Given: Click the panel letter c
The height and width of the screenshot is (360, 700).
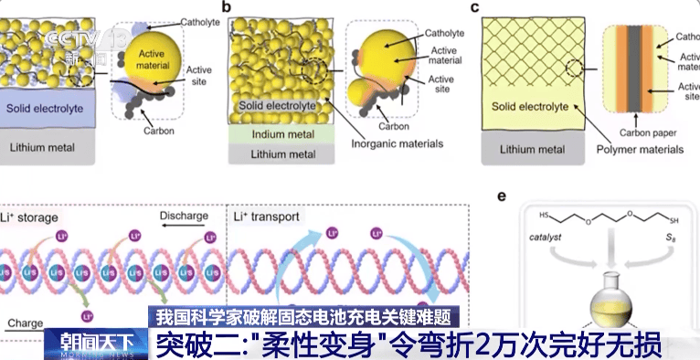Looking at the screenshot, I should pos(474,7).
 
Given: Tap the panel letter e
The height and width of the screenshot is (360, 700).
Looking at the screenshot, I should pos(500,196).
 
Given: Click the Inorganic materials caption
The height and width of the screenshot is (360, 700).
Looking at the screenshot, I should pos(397,143).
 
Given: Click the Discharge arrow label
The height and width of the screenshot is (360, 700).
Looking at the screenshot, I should pos(186,216).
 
